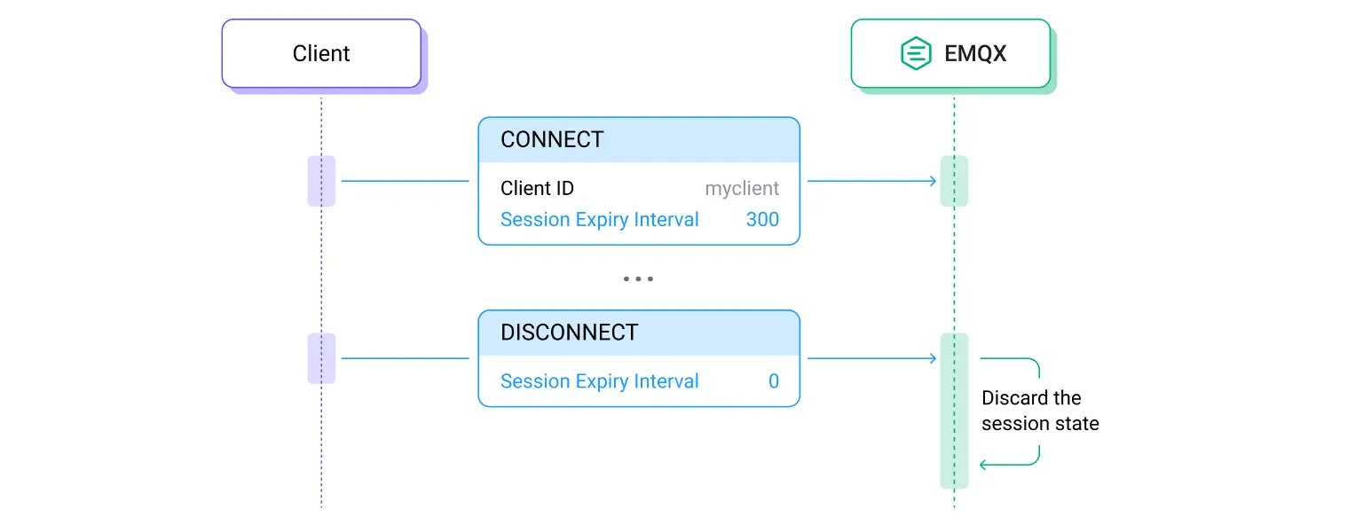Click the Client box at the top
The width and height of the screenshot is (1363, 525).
point(321,54)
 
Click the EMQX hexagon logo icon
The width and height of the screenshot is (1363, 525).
point(915,54)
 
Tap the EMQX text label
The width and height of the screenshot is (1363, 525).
point(975,54)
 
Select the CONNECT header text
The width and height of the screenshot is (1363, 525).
point(552,140)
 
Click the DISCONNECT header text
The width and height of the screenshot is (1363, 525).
point(569,333)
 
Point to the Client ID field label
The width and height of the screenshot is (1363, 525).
point(537,189)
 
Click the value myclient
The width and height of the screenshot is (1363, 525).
point(742,189)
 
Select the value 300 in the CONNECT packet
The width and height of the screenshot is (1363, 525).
point(762,220)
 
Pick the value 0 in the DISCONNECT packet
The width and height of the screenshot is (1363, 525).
point(773,381)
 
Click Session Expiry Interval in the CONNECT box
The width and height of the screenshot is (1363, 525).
point(599,220)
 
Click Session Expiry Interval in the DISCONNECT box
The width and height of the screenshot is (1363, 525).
point(599,381)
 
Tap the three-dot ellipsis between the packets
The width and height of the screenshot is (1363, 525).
point(638,278)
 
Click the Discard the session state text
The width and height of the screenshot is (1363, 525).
point(1039,411)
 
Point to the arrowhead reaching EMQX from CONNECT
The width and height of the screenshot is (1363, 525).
point(933,181)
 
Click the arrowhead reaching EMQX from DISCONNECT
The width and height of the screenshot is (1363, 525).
point(933,358)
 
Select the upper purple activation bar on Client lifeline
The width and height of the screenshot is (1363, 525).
point(321,181)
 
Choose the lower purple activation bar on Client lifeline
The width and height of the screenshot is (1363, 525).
point(321,358)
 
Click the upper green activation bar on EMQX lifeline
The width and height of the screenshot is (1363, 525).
point(954,181)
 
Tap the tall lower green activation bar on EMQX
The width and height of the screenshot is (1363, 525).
point(954,411)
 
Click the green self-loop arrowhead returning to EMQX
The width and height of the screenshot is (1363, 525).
point(983,465)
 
